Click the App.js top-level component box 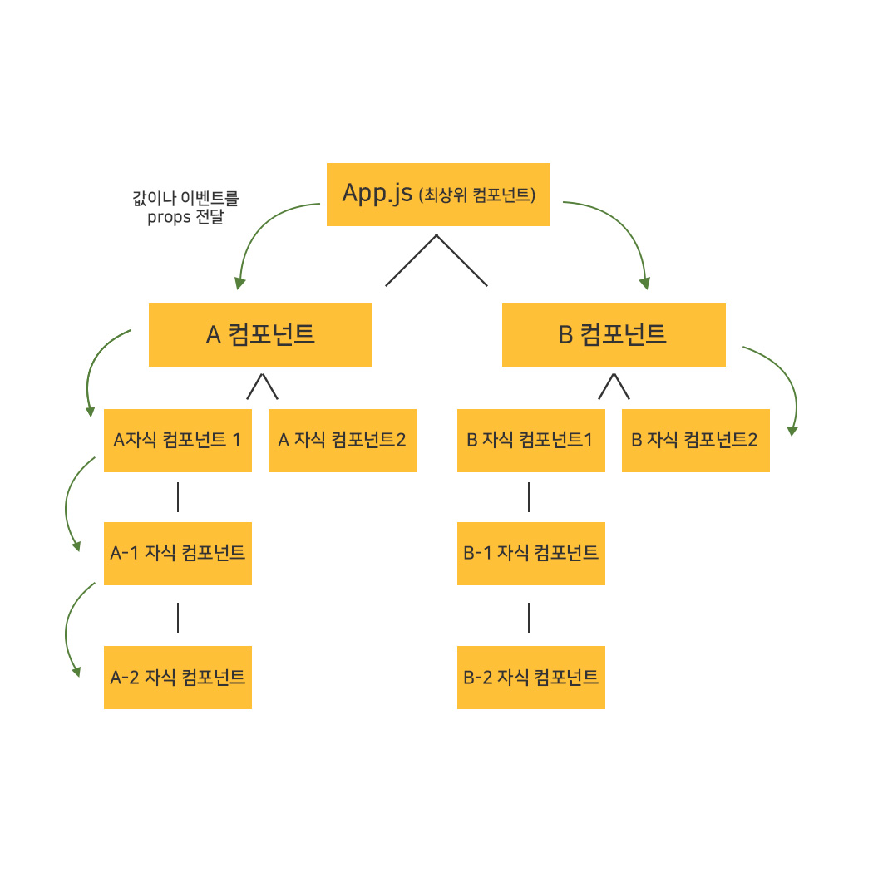438,195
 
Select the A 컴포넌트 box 260,335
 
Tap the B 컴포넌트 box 614,335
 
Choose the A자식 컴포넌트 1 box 177,441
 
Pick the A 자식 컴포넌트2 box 342,441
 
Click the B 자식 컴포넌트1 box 530,441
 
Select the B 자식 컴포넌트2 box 695,441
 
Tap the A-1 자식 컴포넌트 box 177,553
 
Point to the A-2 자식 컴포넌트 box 177,677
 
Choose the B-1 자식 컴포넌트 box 530,553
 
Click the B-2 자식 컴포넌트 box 530,677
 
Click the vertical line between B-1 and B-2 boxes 529,617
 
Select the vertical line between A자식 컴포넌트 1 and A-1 178,497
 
